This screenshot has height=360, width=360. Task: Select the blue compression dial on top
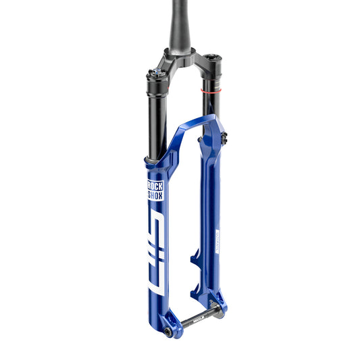[156, 70]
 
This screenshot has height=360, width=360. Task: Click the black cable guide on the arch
[223, 138]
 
